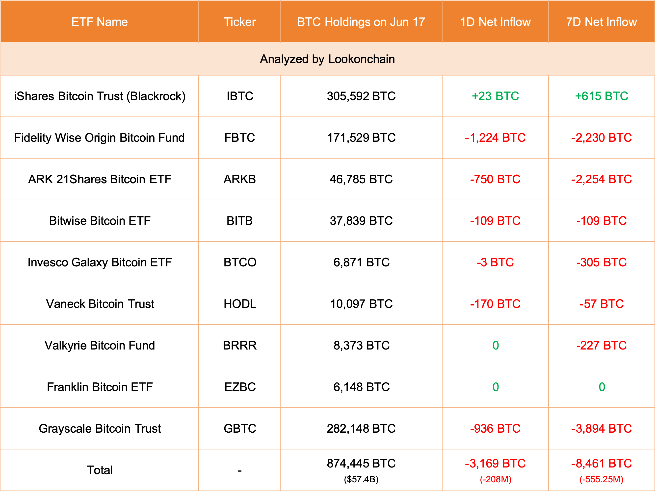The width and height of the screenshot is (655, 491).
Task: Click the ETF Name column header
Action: (x=100, y=22)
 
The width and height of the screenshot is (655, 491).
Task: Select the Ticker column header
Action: (x=239, y=22)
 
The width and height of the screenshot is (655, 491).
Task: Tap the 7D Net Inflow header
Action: (x=602, y=22)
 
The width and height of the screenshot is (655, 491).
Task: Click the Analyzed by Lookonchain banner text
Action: (x=327, y=59)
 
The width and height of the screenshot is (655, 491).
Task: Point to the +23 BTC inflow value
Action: (x=495, y=96)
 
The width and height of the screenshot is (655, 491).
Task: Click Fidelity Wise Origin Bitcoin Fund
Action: (x=100, y=138)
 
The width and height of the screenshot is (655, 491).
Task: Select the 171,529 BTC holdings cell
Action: (x=361, y=138)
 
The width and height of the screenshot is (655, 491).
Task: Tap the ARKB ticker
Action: (x=239, y=179)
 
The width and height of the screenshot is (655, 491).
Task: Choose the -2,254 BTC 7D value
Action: (x=602, y=179)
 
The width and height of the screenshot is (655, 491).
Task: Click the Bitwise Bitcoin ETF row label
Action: (x=100, y=221)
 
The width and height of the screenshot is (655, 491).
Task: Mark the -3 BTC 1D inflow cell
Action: (x=495, y=262)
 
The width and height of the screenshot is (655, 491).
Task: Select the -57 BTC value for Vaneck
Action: (x=602, y=304)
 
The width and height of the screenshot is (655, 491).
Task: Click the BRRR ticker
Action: (x=239, y=346)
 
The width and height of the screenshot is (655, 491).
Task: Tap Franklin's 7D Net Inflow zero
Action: (x=602, y=387)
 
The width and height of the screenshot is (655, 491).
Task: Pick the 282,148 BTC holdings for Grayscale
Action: (x=361, y=429)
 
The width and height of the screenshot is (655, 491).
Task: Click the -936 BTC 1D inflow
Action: (x=495, y=429)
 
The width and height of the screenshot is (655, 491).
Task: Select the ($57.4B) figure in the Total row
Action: (x=361, y=479)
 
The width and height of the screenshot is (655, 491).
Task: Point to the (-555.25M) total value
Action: (x=602, y=479)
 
